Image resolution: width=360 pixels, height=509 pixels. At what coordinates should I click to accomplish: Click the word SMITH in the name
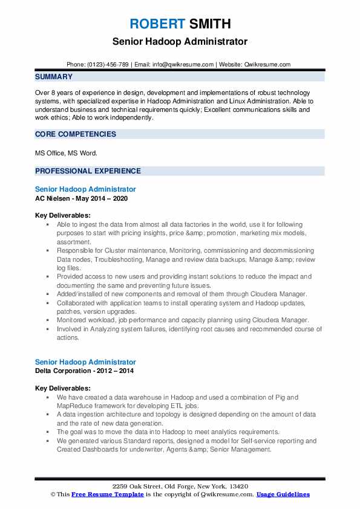coord(209,24)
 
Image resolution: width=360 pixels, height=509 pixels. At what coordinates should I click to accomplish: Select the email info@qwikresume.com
coord(183,64)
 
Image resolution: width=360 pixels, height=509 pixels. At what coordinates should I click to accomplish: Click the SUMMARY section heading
coord(54,77)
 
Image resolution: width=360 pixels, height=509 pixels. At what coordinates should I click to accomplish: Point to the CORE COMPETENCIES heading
coord(76,134)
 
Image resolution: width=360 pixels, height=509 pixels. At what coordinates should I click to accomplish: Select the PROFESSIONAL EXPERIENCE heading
coord(88,171)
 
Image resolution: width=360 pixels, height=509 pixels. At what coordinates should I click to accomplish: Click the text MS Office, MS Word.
coord(65,153)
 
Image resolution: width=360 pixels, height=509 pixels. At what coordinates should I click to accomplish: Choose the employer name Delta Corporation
coord(64,371)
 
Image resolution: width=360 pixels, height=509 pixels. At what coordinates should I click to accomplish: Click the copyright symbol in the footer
coord(52,494)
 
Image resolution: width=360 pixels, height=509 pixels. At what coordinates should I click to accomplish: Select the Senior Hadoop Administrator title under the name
coord(180,42)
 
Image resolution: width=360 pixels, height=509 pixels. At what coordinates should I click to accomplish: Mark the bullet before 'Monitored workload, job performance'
coord(47,320)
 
